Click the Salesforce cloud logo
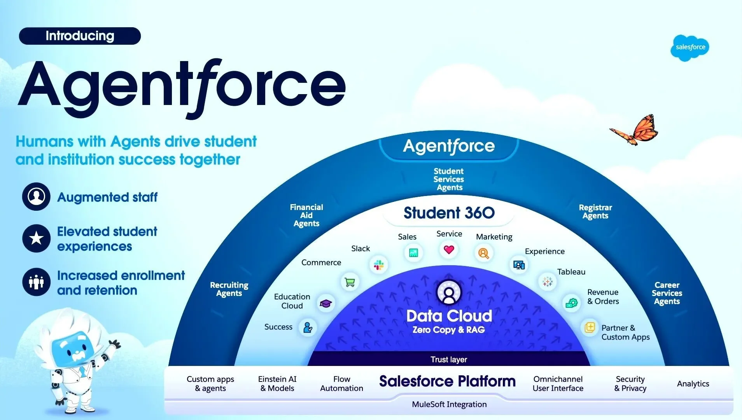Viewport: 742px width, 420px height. click(x=690, y=47)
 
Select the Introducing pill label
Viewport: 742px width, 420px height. click(x=80, y=36)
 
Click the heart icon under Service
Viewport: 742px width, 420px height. click(x=449, y=250)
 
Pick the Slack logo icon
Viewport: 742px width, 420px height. click(x=378, y=265)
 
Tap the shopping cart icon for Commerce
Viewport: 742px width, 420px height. click(x=350, y=282)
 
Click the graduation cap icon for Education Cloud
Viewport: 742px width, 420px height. click(x=325, y=303)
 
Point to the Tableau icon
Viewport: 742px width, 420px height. click(x=547, y=282)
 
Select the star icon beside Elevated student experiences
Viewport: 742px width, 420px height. click(x=36, y=238)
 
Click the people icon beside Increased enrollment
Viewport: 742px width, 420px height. click(x=36, y=282)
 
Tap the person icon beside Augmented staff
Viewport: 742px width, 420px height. click(x=36, y=196)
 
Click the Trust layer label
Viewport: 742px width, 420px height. click(x=449, y=359)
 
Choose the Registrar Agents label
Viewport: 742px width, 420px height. click(x=595, y=212)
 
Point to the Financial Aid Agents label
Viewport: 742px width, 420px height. click(x=306, y=215)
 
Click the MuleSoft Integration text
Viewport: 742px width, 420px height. click(x=449, y=404)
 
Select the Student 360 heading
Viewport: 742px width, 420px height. click(x=449, y=213)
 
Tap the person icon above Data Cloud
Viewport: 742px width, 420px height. click(x=449, y=292)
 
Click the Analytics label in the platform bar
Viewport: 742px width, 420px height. click(x=693, y=384)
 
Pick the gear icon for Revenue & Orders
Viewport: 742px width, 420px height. click(x=571, y=303)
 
